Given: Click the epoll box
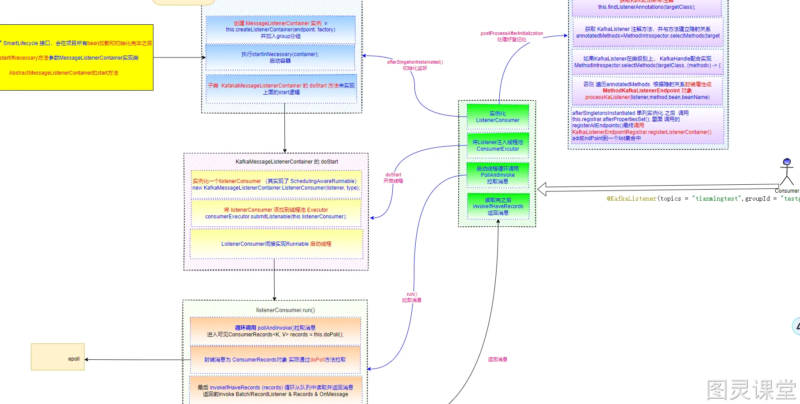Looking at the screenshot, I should click(x=57, y=357).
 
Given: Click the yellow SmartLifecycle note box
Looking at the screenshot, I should click(x=76, y=57).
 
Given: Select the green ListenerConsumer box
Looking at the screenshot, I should click(x=498, y=117).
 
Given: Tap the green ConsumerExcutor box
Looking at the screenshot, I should click(x=498, y=145).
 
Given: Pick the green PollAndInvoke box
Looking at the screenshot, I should click(x=498, y=175).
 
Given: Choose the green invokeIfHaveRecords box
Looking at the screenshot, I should click(x=498, y=206).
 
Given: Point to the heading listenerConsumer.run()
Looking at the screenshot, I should click(x=285, y=310).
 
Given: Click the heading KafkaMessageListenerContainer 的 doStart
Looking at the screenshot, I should click(x=287, y=162).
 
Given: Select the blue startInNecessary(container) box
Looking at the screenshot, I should click(x=280, y=57).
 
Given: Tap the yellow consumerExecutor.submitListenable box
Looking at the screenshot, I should click(x=276, y=213).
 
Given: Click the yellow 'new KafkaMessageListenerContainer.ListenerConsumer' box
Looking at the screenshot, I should click(x=276, y=184).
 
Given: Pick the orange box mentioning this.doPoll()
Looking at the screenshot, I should click(x=275, y=331).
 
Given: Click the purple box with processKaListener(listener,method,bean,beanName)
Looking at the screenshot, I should click(x=647, y=91).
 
